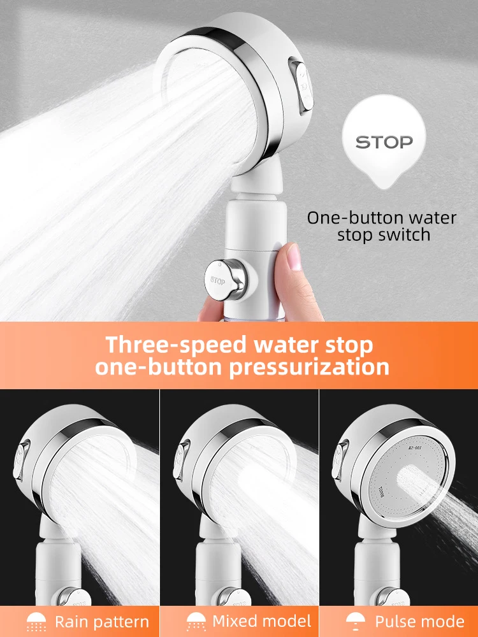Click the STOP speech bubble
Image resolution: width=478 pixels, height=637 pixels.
coord(384,142)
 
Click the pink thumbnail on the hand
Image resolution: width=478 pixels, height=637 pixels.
coord(294,257)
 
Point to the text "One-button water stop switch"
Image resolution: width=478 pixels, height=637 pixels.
coord(382,226)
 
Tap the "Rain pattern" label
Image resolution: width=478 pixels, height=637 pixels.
coord(102,622)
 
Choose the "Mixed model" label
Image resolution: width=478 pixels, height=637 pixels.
coord(262,621)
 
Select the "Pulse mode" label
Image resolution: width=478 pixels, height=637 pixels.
coord(419,622)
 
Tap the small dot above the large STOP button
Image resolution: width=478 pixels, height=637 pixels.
coord(218,262)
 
